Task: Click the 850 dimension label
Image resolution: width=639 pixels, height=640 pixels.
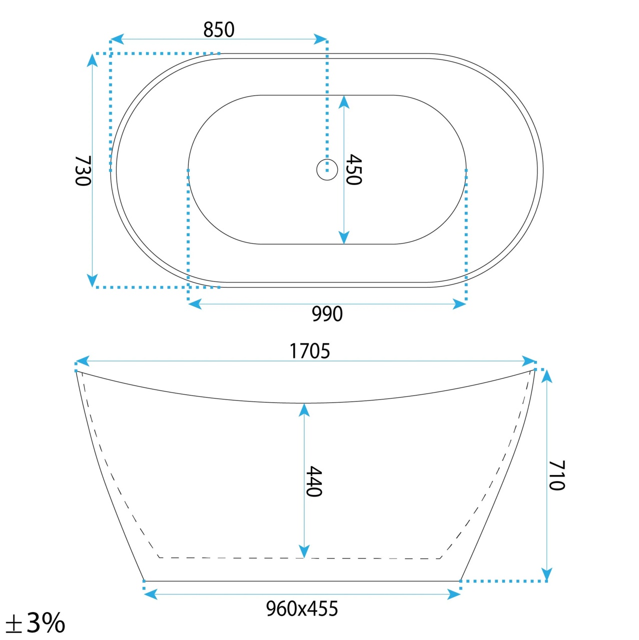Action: point(219,29)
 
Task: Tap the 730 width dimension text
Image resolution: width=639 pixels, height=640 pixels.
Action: point(83,170)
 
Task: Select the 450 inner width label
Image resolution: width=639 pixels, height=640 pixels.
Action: point(353,169)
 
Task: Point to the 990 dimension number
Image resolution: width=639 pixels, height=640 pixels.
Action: point(327,314)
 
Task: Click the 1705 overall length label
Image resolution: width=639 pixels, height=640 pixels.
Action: point(310,351)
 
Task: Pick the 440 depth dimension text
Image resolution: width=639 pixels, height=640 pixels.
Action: point(314,481)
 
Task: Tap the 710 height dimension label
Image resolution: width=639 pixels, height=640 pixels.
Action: point(556,475)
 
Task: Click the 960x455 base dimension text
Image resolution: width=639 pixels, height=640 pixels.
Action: point(302,608)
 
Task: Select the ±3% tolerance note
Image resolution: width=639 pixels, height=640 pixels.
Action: point(35,622)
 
